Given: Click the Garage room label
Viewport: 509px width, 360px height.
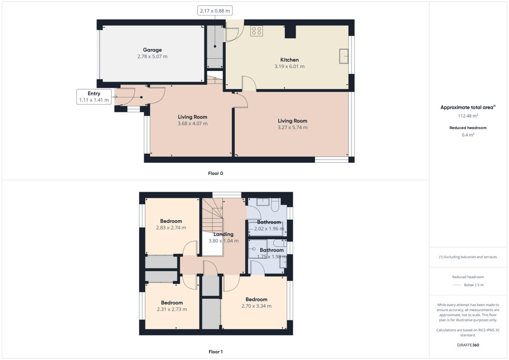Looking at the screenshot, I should tap(152, 50).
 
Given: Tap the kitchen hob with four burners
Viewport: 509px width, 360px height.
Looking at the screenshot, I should tap(257, 31).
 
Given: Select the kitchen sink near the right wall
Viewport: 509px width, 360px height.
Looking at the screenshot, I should tap(344, 56).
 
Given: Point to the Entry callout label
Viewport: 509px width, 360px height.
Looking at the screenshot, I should tap(94, 93).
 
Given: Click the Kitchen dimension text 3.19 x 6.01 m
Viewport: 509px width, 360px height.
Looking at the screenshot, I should tap(289, 67).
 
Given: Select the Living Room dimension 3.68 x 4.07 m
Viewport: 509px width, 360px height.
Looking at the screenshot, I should tap(192, 124).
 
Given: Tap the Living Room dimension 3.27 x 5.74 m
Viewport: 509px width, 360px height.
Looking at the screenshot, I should tap(292, 128).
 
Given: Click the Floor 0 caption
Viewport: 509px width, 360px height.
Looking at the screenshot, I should tap(215, 173).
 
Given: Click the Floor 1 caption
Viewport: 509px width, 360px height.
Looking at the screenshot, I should tap(215, 352).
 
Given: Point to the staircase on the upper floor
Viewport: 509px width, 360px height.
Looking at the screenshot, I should tap(212, 214).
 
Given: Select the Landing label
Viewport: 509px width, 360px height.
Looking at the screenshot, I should tap(223, 234).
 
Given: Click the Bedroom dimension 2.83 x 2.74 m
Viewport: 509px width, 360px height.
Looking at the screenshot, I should tap(171, 228).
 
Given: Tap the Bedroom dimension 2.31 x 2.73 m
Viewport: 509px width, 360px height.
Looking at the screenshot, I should tap(172, 310).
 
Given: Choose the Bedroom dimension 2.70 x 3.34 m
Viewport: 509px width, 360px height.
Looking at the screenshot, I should tap(256, 306).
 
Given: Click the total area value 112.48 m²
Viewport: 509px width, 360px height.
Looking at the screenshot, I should tap(468, 116).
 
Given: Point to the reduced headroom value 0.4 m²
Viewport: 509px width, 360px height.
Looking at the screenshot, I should tap(468, 135).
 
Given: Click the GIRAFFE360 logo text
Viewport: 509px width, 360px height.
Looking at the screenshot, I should tap(468, 345).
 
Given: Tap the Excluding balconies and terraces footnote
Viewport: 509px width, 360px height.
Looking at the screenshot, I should tap(468, 257).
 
